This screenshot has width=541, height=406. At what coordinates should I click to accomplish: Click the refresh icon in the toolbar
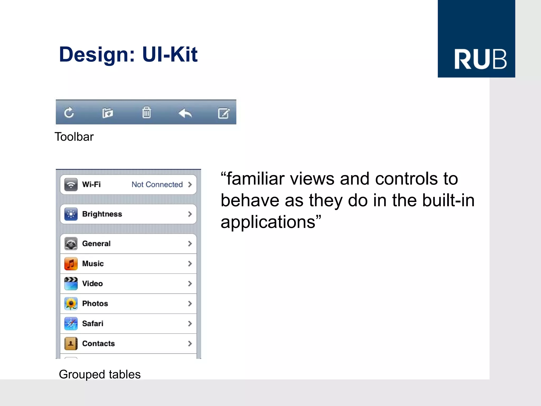point(69,113)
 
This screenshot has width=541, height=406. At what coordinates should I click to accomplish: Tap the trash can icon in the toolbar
point(146,113)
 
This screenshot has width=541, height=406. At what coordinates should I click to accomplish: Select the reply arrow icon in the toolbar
point(185,113)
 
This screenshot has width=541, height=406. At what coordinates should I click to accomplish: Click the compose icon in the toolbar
point(224,113)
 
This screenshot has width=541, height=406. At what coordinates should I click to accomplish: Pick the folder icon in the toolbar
point(108,113)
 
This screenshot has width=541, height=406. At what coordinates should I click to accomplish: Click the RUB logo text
point(480,59)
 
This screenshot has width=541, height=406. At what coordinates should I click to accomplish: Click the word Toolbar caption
point(74,137)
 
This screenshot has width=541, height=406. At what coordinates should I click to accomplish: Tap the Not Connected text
point(157,184)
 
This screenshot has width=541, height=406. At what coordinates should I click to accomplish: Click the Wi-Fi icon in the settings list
point(71,184)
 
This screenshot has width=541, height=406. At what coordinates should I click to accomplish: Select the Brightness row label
point(102,214)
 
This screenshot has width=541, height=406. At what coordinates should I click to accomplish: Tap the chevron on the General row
point(190,244)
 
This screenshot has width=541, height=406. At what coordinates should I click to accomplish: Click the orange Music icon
point(71,264)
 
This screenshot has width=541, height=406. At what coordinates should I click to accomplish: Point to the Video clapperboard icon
point(71,284)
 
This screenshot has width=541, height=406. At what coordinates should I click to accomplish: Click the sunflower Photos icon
point(71,303)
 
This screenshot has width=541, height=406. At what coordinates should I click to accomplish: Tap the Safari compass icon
point(71,324)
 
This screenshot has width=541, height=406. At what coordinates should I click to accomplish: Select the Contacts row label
point(98,344)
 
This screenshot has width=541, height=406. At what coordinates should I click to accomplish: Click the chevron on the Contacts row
point(190,344)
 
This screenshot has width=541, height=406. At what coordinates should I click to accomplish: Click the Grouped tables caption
point(100,375)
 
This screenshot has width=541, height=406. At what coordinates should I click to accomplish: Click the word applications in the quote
point(268,222)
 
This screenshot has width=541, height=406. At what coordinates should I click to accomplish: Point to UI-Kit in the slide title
point(170,54)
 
